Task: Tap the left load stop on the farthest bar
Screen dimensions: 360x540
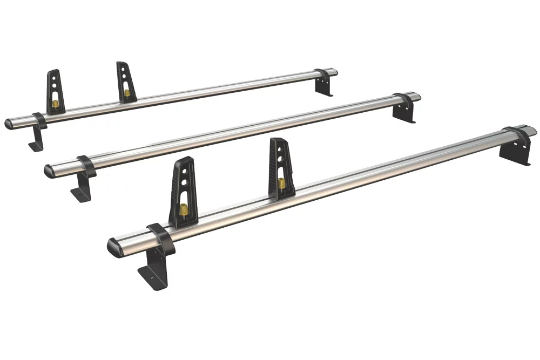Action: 55,92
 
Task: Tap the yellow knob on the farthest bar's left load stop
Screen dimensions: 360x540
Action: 55,103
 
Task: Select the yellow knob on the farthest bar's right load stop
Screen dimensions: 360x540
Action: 127,93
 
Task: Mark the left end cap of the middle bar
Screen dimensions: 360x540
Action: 49,171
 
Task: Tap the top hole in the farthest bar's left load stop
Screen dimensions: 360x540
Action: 56,78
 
